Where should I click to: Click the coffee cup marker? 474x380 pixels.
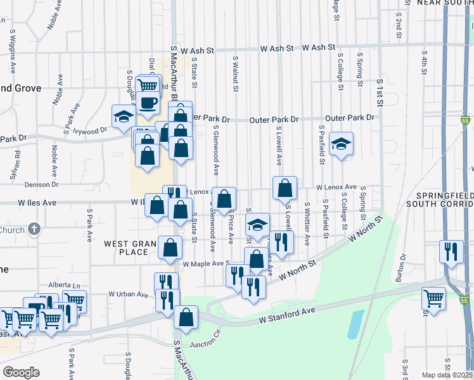click(148, 103)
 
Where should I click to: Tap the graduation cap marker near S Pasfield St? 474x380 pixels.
click(341, 144)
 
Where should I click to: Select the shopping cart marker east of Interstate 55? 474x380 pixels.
click(434, 298)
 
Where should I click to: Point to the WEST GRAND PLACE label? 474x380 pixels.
click(132, 248)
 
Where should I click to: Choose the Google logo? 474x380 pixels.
click(22, 372)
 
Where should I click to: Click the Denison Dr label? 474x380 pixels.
click(41, 185)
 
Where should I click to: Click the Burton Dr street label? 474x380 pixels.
click(401, 267)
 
